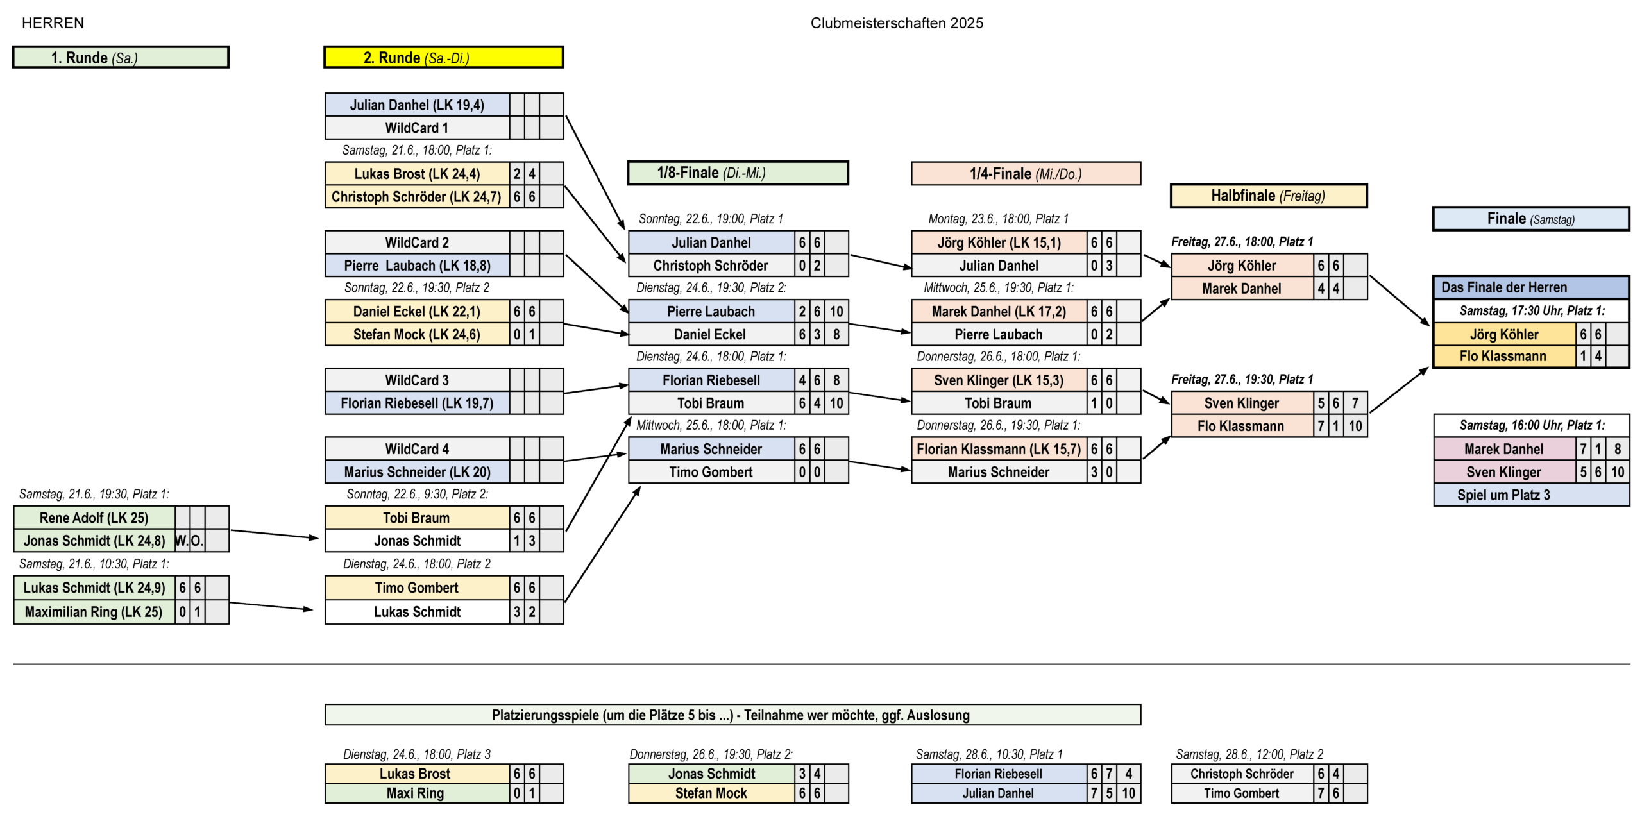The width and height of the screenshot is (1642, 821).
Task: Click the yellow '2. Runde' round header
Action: (443, 57)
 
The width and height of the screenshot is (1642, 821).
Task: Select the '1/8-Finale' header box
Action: (738, 173)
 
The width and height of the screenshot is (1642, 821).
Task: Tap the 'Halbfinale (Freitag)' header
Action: (1268, 196)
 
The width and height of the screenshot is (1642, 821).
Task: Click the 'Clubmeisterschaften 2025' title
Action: (897, 23)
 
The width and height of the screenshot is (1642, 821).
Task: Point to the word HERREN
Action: (53, 23)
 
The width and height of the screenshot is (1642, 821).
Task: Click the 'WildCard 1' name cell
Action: (417, 128)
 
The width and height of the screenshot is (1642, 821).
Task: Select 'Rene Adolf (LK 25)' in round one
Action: (94, 518)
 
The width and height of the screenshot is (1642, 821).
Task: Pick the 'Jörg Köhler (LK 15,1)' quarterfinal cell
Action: (999, 242)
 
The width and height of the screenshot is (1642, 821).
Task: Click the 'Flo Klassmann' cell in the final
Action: (1504, 356)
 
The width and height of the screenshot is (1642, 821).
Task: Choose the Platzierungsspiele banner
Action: (732, 715)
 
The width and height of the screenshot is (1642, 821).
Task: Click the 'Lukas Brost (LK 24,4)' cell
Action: (417, 174)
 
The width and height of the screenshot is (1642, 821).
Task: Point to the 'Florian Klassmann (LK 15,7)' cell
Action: (999, 449)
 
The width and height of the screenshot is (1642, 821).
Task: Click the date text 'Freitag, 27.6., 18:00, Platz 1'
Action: (1242, 242)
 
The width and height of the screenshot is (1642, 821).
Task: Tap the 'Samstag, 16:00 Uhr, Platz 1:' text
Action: (1532, 425)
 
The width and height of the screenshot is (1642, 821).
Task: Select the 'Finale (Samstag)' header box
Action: (1530, 219)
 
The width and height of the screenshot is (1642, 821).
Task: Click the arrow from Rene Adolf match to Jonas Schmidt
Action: (275, 534)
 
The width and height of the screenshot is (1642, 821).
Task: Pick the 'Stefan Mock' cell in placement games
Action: (711, 793)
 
